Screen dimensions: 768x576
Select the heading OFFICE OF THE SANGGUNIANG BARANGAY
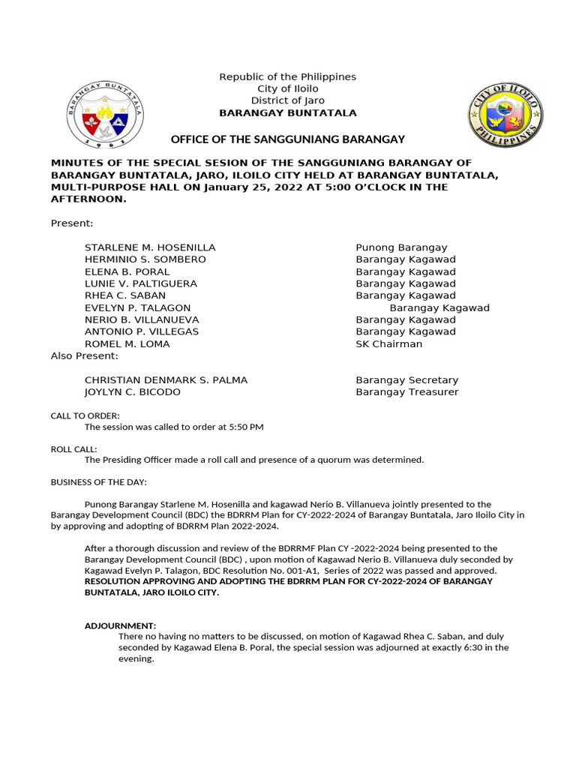[288, 139]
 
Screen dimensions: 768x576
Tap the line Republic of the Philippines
[287, 77]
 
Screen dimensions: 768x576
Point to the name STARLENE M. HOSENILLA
[150, 247]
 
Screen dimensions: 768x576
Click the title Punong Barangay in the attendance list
[401, 247]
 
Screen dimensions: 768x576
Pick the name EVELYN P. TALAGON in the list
[137, 307]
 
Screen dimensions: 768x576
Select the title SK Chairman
[388, 344]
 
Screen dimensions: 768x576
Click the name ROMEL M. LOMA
[127, 344]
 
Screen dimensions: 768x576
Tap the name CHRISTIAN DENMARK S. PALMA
[166, 380]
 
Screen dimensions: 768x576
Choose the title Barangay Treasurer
[406, 392]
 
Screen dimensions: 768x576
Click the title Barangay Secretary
[406, 380]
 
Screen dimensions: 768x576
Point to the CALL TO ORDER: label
[85, 415]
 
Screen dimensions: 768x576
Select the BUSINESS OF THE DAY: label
[98, 481]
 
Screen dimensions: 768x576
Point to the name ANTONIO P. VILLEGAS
[141, 331]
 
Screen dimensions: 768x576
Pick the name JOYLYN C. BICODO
[132, 392]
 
